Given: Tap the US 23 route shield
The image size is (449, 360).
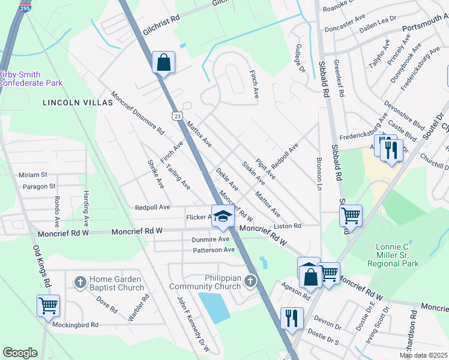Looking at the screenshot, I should (x=175, y=116).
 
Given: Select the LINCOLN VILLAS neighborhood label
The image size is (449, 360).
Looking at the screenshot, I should (x=78, y=103).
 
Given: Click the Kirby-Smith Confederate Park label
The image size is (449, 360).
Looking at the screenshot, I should (x=30, y=78).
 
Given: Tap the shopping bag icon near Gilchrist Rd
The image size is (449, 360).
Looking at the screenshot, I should (x=163, y=62).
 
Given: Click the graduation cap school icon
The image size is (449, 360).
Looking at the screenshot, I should (x=222, y=217).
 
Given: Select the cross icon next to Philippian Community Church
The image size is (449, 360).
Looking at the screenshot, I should (x=250, y=281).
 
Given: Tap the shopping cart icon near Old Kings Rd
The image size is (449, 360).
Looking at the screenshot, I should (x=48, y=305).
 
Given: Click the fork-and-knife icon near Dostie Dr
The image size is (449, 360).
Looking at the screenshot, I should (x=292, y=317).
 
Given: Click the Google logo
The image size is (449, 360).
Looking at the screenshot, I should (x=20, y=353).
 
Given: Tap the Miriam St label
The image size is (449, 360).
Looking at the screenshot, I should (x=32, y=175).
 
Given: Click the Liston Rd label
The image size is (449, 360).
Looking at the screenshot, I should (x=287, y=226).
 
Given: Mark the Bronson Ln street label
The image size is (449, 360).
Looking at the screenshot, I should (x=319, y=175).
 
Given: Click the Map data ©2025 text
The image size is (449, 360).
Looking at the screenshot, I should (x=423, y=355).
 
